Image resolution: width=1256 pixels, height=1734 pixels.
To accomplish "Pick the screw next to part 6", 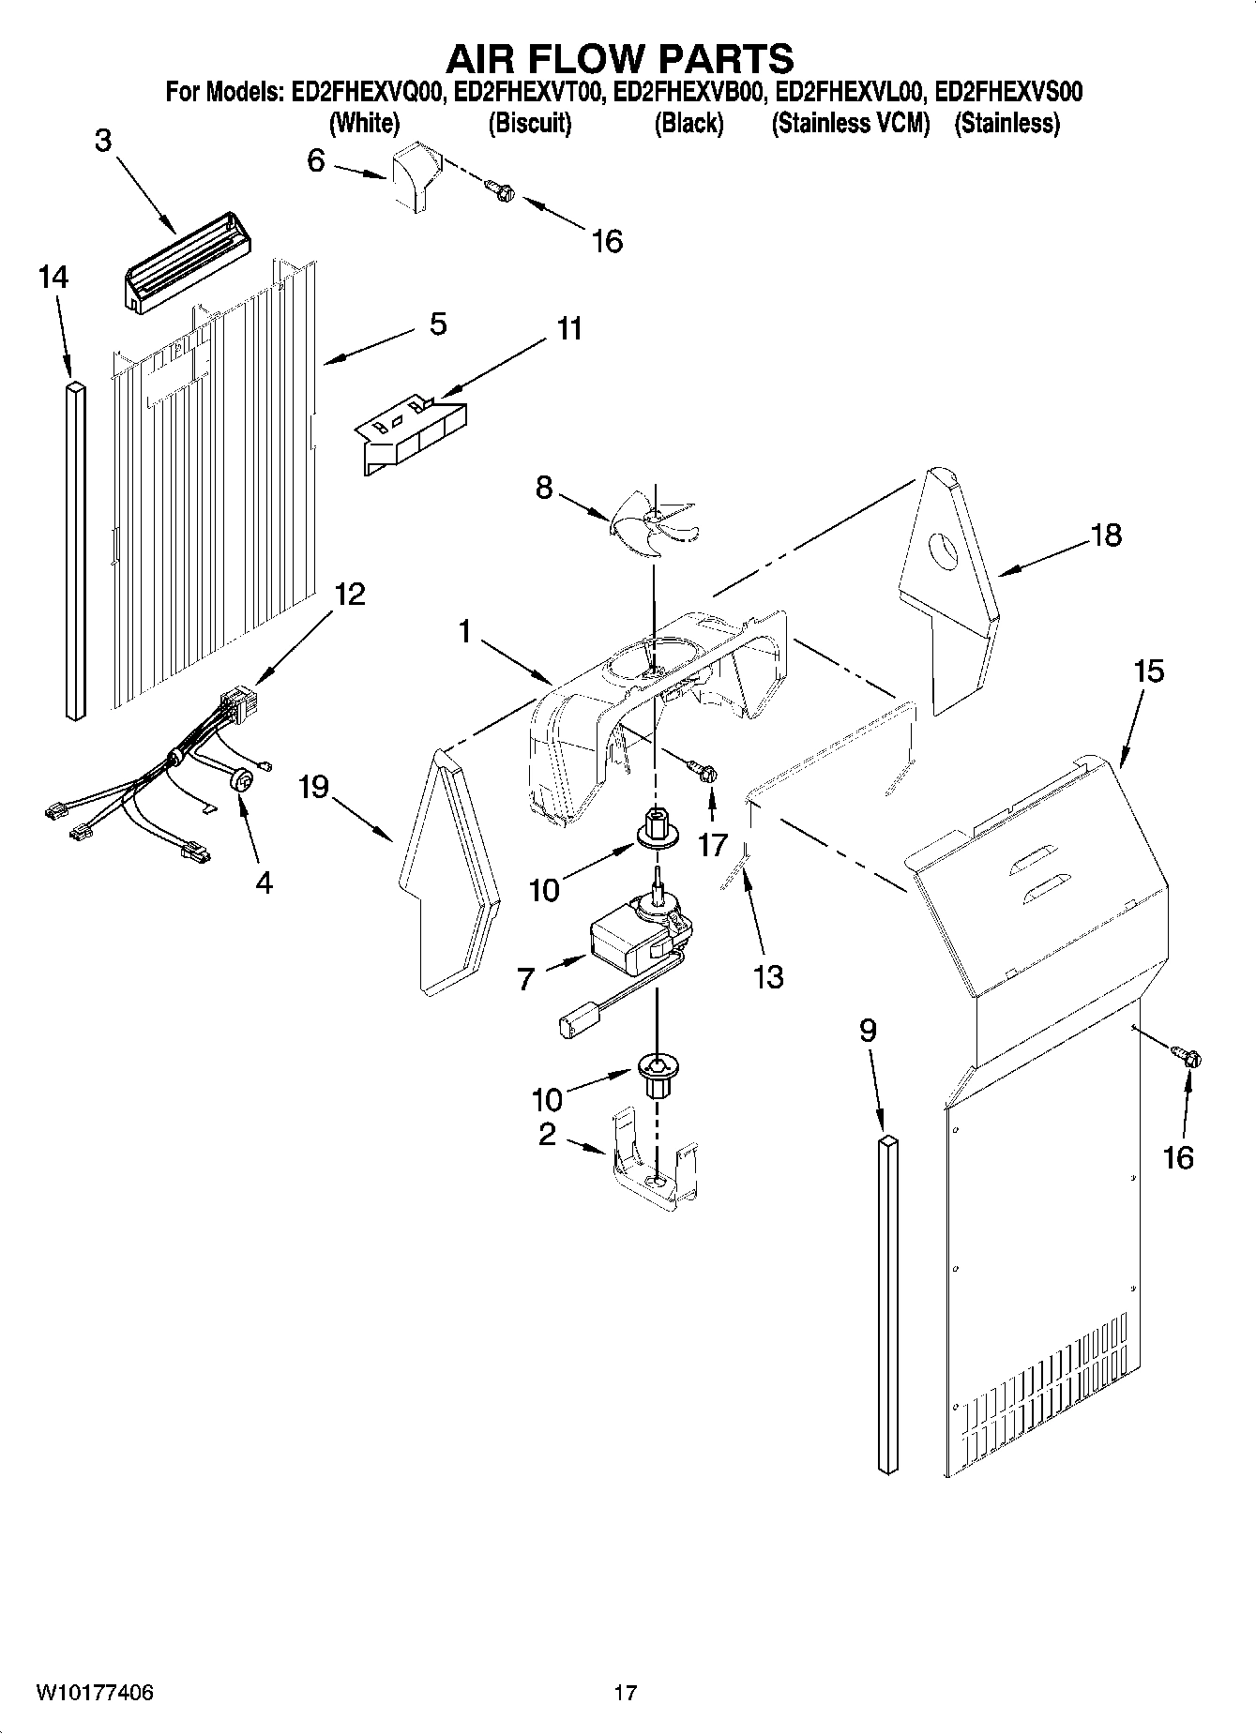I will click(501, 190).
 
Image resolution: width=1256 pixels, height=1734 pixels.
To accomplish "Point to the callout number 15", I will click(1148, 671).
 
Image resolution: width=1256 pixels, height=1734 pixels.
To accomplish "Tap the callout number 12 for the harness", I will click(349, 594).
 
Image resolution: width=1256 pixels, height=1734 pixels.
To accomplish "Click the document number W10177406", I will click(95, 1693).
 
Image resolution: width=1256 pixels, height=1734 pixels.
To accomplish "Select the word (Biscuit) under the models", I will click(530, 123).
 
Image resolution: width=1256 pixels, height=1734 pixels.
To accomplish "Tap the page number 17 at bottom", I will click(625, 1693).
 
